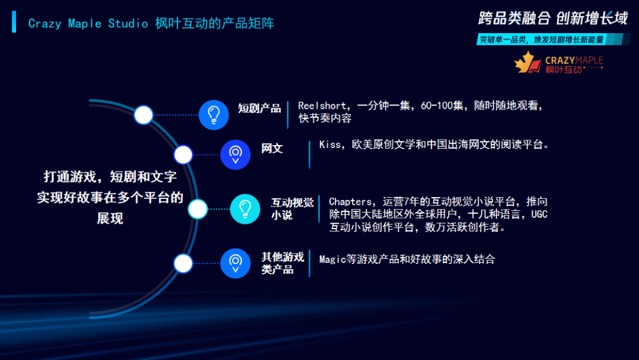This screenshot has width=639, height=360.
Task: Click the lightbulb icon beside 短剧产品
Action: [x=214, y=114]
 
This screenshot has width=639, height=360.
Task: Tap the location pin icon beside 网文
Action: [x=235, y=155]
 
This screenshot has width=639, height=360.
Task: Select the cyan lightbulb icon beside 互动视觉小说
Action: [x=245, y=209]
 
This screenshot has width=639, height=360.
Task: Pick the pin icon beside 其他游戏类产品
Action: [x=235, y=263]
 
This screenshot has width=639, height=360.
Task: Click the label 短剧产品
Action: [x=259, y=108]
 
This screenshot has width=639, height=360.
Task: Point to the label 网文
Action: [x=272, y=148]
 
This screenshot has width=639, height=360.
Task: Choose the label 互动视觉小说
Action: [x=292, y=209]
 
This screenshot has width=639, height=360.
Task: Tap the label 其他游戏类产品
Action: [x=283, y=263]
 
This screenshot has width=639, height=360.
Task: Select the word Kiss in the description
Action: [x=330, y=144]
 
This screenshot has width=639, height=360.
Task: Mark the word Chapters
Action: [x=351, y=202]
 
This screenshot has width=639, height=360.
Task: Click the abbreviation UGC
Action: [x=539, y=214]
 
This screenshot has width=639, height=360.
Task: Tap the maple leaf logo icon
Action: [x=528, y=63]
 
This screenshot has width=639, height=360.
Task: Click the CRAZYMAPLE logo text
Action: [x=573, y=60]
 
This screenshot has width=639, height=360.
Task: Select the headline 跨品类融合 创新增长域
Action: [x=553, y=18]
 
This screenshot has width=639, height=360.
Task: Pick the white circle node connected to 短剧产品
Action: [x=143, y=114]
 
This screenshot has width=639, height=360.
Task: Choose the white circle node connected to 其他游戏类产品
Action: [x=183, y=263]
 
